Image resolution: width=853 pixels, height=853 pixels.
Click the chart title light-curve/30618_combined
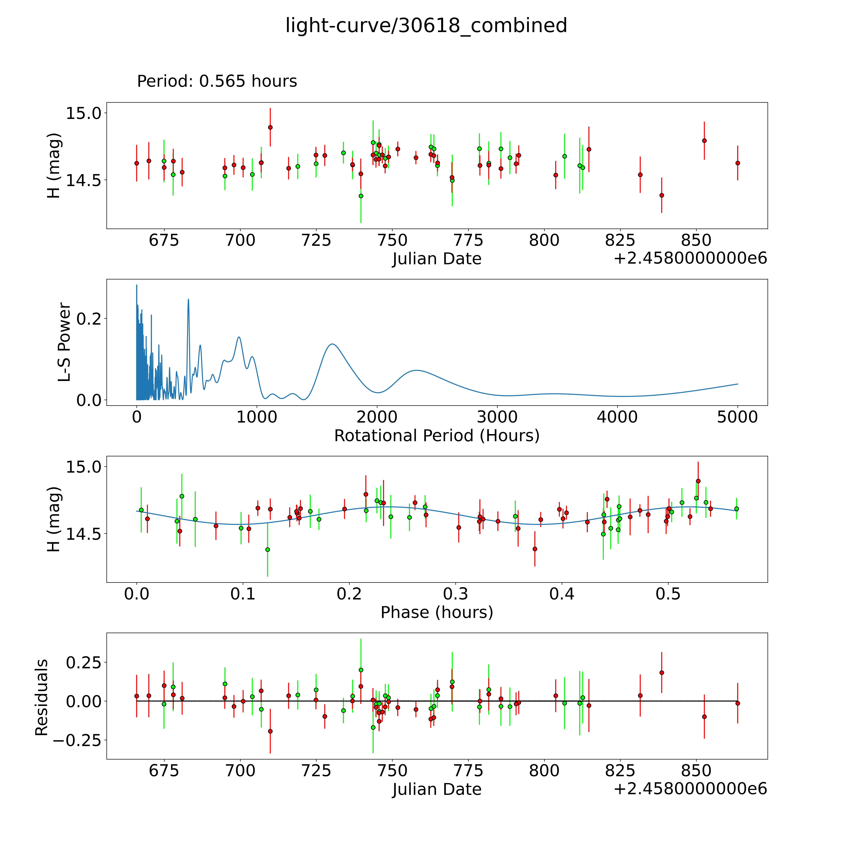(426, 26)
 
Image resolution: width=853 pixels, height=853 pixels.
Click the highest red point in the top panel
(270, 127)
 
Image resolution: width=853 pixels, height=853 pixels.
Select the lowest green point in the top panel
(361, 196)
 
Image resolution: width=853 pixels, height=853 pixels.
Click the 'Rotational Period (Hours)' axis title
(437, 436)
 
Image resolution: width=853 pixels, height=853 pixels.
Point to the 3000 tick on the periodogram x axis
(497, 417)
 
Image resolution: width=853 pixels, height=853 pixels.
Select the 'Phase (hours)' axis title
(437, 612)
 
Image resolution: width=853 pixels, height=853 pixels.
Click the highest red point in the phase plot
(698, 481)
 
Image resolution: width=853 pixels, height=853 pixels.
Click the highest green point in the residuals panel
(361, 670)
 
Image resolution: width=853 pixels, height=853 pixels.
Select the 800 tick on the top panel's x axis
(544, 241)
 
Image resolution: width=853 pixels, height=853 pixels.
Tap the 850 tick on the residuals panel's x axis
(696, 771)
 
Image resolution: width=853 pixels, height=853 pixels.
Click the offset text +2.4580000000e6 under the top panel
(690, 258)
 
